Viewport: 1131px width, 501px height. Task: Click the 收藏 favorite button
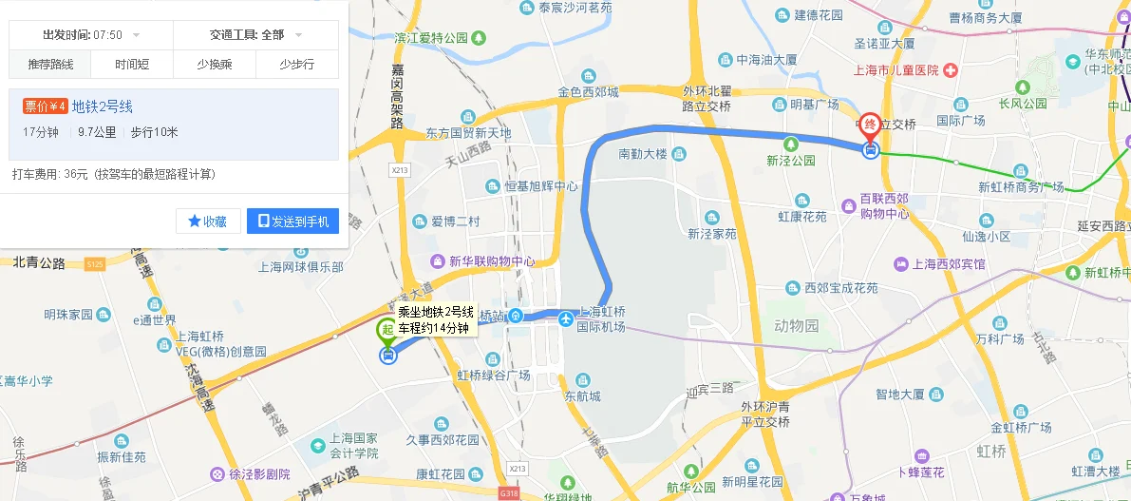[x=208, y=222]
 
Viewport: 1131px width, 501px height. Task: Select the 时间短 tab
[x=132, y=65]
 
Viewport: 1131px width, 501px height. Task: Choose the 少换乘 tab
[x=215, y=65]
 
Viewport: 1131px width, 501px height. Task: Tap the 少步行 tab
[x=296, y=65]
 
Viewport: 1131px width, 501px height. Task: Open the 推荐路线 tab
[x=50, y=65]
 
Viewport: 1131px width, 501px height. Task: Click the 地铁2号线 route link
[x=103, y=106]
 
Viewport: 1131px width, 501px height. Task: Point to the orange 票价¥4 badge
[x=46, y=106]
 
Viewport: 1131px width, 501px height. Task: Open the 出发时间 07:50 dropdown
[x=91, y=35]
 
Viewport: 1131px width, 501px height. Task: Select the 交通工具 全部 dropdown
[x=255, y=35]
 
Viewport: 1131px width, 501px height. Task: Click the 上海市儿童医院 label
[x=895, y=70]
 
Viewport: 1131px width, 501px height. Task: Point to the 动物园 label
[x=796, y=326]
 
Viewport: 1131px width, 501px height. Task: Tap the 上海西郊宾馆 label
[x=949, y=264]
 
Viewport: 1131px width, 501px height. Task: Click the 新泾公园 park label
[x=791, y=161]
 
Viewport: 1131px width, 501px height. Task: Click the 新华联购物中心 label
[x=492, y=261]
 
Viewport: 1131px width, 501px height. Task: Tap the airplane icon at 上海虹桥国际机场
[x=567, y=318]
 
